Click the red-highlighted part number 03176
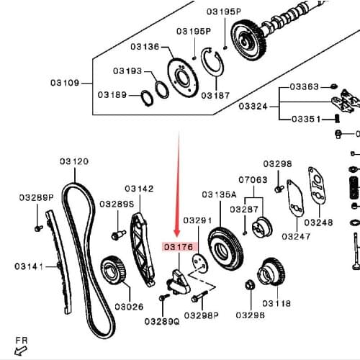[x=179, y=246]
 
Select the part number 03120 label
[x=73, y=162]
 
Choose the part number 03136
[x=145, y=47]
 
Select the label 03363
[x=304, y=86]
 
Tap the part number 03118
[x=276, y=303]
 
